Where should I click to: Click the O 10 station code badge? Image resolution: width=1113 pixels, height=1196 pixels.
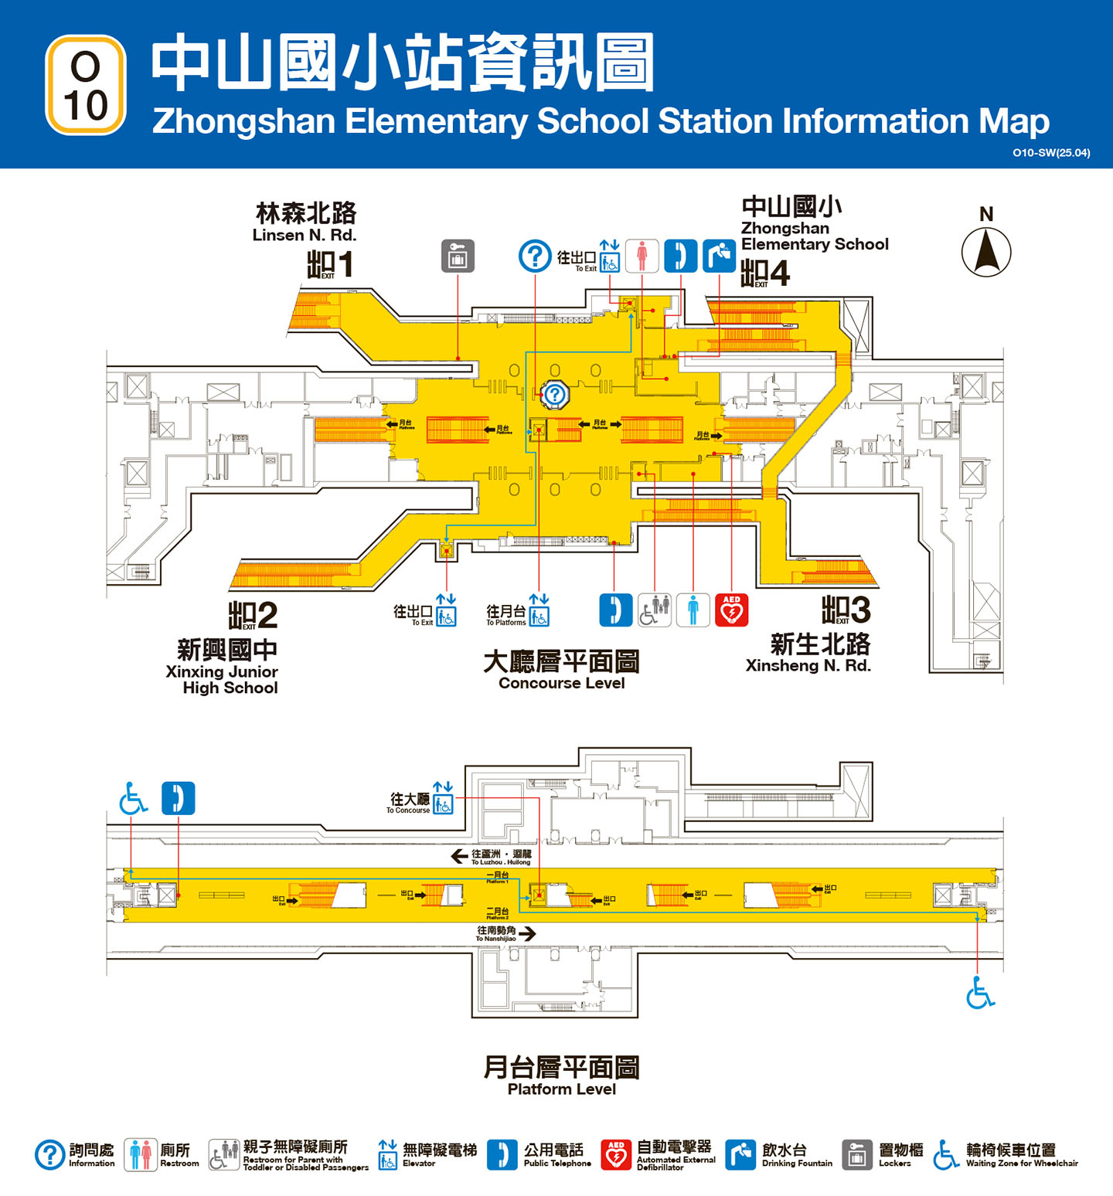coord(86,86)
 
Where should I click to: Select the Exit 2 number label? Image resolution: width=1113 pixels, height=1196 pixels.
coord(253,616)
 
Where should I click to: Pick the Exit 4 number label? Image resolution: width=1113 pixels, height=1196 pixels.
coord(765,273)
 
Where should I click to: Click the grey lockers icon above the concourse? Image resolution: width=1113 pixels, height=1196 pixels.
coord(458,257)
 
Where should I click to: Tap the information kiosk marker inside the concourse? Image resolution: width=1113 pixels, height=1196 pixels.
coord(554,395)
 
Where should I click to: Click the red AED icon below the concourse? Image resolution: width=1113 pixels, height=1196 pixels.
coord(731,610)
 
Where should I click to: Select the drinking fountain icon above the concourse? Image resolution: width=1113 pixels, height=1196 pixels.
coord(719,257)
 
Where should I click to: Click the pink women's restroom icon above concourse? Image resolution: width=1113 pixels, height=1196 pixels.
coord(642,257)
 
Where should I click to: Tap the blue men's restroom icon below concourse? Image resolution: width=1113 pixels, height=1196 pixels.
coord(693,610)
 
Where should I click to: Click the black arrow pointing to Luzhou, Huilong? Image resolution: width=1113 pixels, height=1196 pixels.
coord(459,856)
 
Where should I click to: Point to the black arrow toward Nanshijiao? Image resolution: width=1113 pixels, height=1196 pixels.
coord(527,934)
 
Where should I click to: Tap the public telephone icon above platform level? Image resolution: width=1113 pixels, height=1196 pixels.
coord(179,799)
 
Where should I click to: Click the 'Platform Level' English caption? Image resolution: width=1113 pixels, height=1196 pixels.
coord(561,1089)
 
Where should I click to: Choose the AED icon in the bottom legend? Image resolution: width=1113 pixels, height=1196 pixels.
coord(615,1155)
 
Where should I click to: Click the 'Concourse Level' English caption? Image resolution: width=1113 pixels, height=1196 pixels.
coord(561,683)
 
